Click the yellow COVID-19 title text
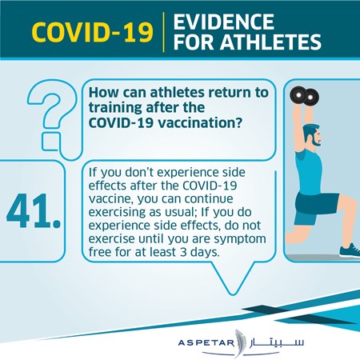point(92,32)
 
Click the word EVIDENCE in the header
point(223,22)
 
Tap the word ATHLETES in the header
point(270,42)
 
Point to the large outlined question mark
point(50,118)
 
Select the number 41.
point(34,211)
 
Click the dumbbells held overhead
point(304,96)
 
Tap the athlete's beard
point(317,142)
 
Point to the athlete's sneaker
point(350,250)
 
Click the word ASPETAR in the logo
point(206,342)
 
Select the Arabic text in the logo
point(277,342)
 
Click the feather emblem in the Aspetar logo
point(239,343)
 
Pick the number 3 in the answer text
point(183,252)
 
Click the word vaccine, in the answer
point(111,199)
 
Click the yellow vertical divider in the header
point(163,32)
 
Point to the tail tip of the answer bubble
point(233,294)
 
